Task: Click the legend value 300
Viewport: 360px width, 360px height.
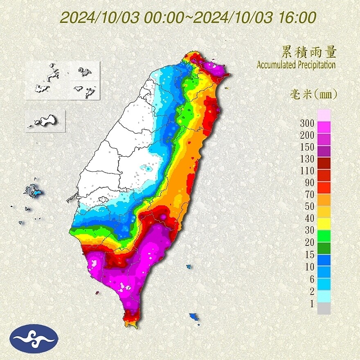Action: click(306, 123)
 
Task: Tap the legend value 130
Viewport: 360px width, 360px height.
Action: click(306, 159)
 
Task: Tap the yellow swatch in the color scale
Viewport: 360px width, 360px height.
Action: click(324, 223)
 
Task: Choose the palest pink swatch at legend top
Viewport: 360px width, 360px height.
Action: click(324, 115)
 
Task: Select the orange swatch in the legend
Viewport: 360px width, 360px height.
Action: click(324, 199)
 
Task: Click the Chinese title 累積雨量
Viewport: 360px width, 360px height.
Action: click(309, 52)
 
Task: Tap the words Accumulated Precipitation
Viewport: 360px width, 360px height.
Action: click(296, 65)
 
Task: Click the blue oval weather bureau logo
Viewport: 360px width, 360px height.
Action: click(34, 338)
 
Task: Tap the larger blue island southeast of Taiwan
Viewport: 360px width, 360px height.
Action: click(194, 317)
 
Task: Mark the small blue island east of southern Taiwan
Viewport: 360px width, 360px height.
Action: click(189, 267)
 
